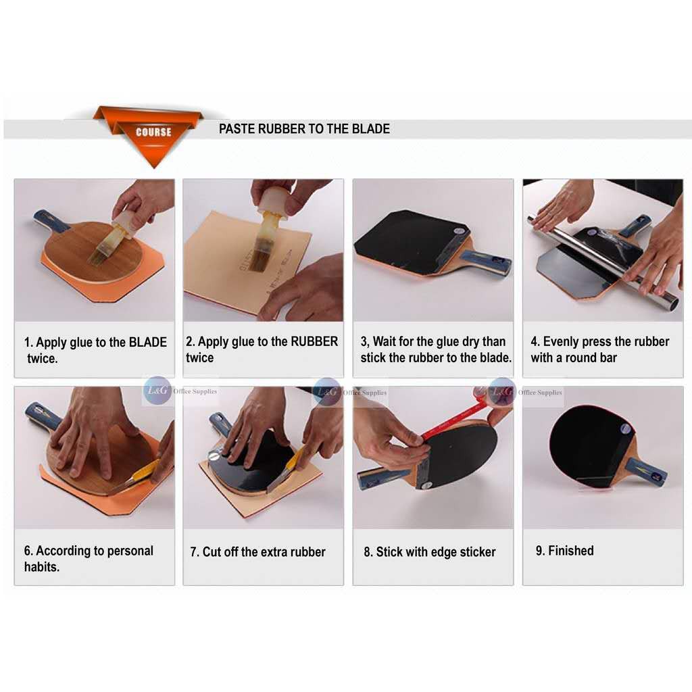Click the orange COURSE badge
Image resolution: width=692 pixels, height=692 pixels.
coord(153,132)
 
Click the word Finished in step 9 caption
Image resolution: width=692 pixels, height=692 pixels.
coord(571,551)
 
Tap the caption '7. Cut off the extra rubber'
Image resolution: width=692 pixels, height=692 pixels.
coord(257,552)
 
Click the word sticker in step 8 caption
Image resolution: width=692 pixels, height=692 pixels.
coord(474,552)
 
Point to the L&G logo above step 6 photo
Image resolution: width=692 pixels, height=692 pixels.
coord(157,391)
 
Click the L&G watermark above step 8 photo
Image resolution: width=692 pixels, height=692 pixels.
coord(501,391)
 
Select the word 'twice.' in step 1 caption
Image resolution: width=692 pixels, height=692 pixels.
coord(42,359)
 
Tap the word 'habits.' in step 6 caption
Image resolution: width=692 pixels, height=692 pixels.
coord(42,567)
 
